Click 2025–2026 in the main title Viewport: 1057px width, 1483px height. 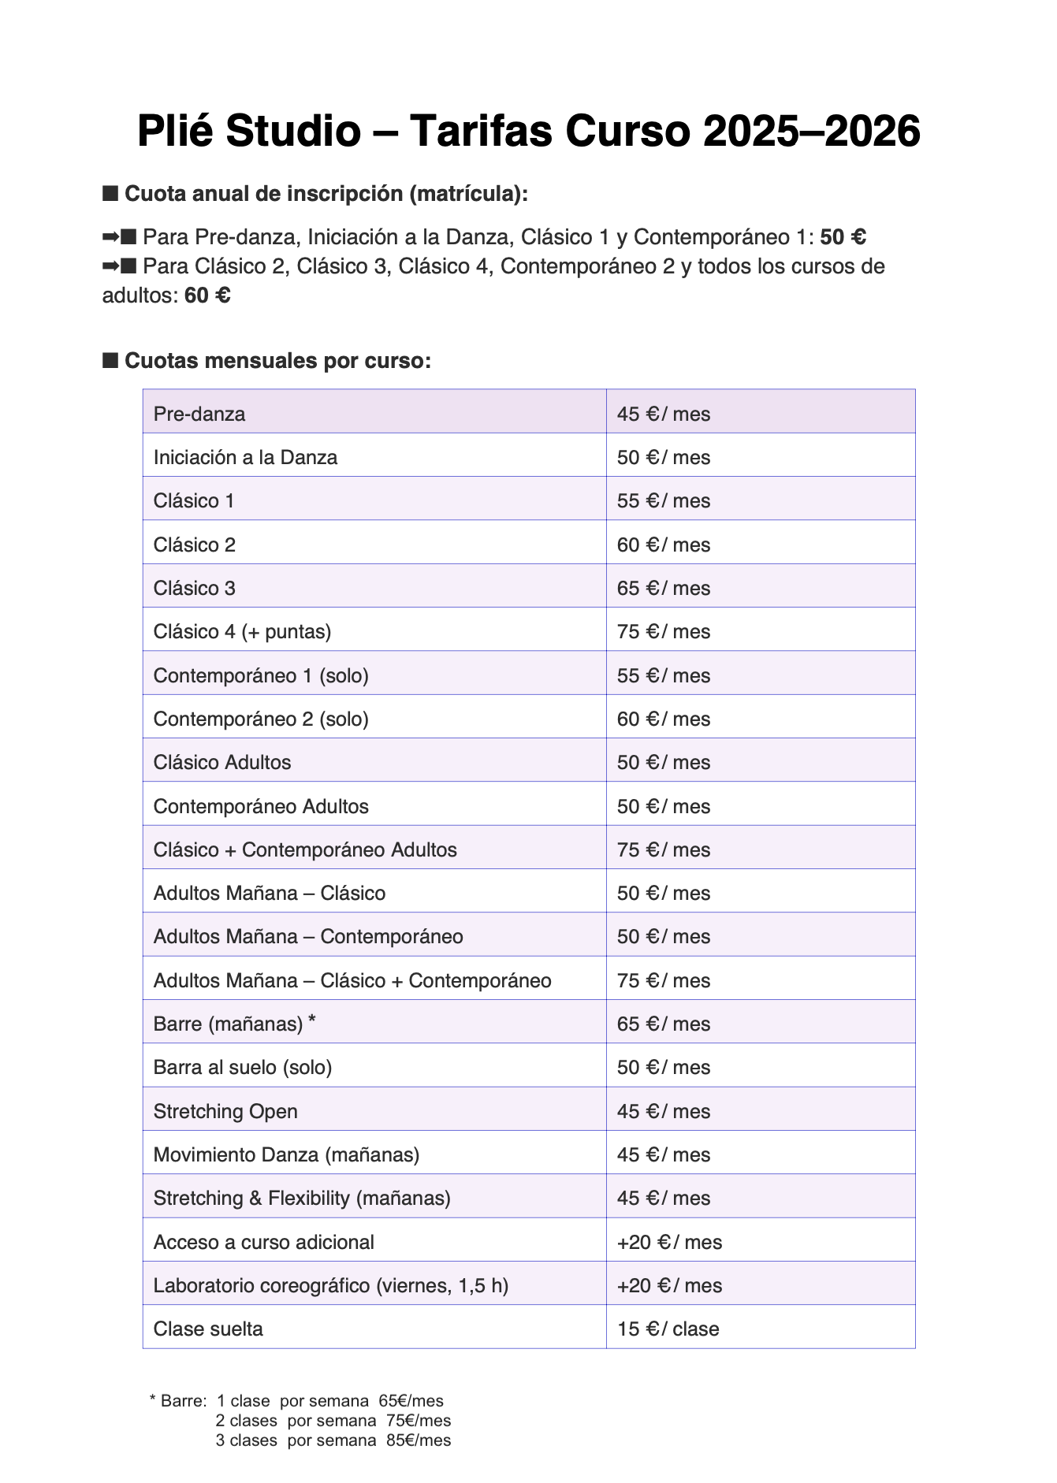coord(811,131)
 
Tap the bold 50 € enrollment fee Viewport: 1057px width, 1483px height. coord(843,237)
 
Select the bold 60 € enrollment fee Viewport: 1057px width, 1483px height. coord(207,295)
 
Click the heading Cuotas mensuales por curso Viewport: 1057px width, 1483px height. coord(277,361)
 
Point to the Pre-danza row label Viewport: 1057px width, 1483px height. coord(199,414)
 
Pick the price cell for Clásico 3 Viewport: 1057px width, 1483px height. coord(663,588)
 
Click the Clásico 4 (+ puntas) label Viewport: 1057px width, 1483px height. coord(242,631)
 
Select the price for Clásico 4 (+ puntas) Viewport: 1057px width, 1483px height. coord(663,631)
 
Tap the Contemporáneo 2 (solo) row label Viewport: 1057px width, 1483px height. coord(261,719)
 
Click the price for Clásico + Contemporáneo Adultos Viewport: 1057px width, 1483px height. coord(663,849)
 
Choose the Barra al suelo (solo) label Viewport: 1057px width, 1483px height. coord(242,1067)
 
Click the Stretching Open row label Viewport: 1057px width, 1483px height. coord(225,1111)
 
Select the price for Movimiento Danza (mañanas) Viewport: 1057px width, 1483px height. coord(663,1154)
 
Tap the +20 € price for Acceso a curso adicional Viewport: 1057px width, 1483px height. coord(669,1242)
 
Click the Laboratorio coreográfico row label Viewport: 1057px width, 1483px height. coord(330,1285)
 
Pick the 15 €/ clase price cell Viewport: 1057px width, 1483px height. coord(668,1329)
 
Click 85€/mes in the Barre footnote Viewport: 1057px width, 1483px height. coord(419,1440)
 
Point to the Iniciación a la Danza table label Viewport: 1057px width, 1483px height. coord(245,457)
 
